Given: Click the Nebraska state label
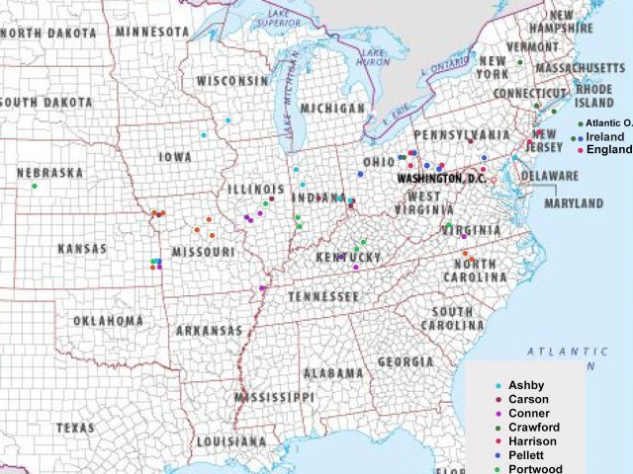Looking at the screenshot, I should (49, 173).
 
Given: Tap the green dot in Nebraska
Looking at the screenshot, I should (34, 186).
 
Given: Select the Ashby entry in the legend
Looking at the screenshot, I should (526, 385).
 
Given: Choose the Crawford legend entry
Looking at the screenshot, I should (534, 427).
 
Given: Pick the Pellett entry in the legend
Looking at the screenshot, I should (529, 455).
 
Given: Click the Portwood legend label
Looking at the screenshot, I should (534, 469).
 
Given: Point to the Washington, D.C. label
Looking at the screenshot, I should (440, 179).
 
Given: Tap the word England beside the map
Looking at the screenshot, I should (608, 150).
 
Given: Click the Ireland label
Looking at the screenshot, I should (605, 136).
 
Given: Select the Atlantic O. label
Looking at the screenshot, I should (608, 122).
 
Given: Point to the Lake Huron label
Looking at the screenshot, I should (374, 57).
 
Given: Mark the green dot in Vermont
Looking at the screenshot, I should (519, 62).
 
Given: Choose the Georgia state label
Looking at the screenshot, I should (406, 362).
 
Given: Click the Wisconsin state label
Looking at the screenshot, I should (231, 81).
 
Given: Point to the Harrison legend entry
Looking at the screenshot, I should (532, 440).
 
